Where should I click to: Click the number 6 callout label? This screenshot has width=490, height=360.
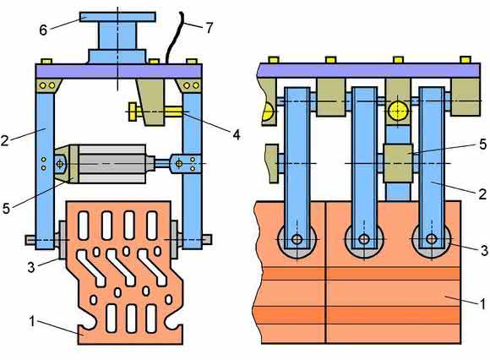pos(43,30)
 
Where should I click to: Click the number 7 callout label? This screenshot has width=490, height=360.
pos(210,28)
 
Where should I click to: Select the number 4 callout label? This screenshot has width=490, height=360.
pos(237,135)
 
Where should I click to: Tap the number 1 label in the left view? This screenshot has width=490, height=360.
pos(31,322)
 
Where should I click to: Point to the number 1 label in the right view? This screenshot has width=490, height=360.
pos(482,303)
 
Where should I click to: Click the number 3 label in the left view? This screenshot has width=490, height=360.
pos(31,268)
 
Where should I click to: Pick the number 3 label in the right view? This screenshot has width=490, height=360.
pos(484,250)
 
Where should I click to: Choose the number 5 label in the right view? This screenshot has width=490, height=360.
pos(483,145)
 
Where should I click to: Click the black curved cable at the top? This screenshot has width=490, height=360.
pos(174,37)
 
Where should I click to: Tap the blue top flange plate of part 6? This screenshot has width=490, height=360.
pos(117,17)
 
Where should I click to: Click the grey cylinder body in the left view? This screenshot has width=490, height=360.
pos(112,164)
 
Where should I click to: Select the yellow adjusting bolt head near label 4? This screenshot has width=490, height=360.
pos(132,112)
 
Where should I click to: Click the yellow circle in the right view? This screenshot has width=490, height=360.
pos(398,111)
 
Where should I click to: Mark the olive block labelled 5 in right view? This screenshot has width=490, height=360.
pos(399,163)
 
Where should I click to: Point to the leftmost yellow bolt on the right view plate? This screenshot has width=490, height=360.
pos(274,60)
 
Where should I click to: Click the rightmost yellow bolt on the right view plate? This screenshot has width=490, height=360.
pos(465,60)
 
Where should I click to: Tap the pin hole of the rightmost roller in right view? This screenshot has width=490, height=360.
pos(432,239)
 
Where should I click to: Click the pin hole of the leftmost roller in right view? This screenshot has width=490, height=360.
pos(297,239)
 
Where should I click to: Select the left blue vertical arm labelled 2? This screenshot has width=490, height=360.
pos(45,171)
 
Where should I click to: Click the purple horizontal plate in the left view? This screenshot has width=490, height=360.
pos(118,71)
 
